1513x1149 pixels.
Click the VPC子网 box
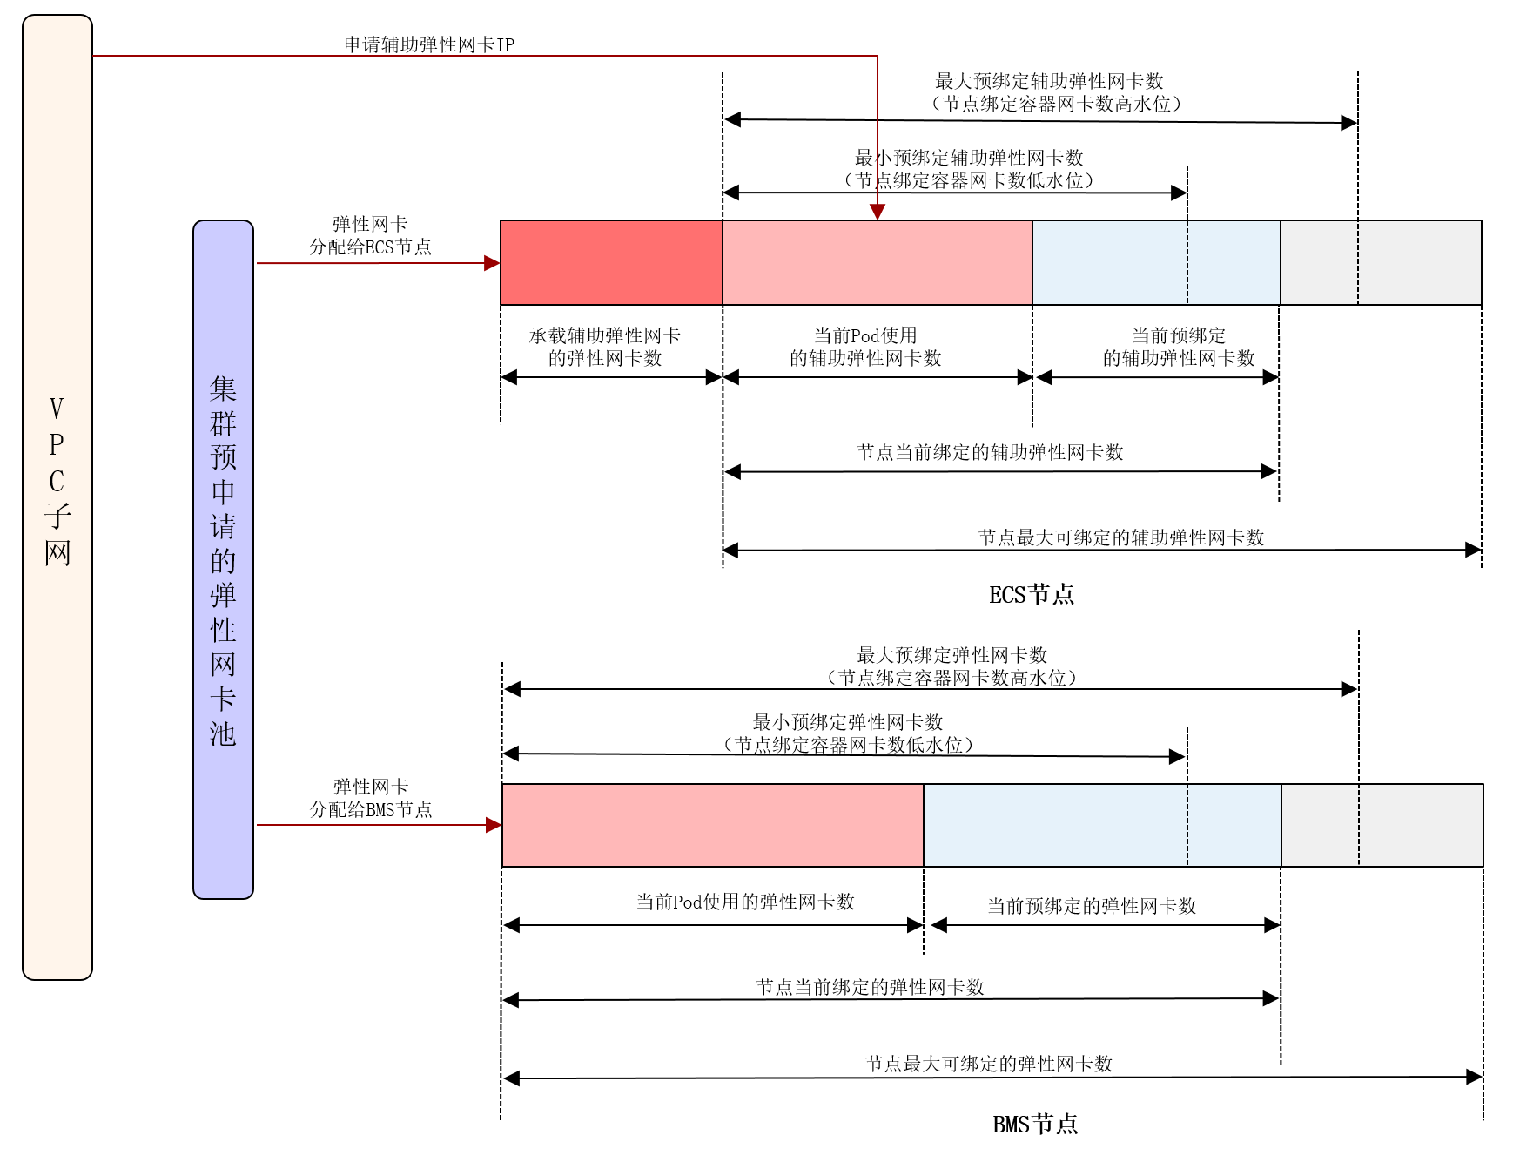[57, 497]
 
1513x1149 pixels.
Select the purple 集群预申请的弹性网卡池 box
[223, 559]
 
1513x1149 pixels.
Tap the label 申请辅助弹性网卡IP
[429, 44]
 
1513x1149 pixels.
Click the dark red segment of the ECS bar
[611, 262]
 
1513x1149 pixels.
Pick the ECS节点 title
[1032, 595]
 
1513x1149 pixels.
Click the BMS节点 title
[1035, 1125]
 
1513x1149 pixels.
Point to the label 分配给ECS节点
[370, 247]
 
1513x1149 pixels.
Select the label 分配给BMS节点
[371, 809]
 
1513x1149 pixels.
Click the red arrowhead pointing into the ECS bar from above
[878, 212]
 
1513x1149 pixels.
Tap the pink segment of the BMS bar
[712, 825]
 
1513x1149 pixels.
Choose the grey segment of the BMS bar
[1382, 825]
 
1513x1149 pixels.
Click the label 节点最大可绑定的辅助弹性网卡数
[1121, 537]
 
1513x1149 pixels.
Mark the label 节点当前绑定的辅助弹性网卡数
[990, 452]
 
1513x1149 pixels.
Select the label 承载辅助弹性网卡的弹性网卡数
[605, 347]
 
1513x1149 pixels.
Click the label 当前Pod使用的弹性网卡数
[745, 902]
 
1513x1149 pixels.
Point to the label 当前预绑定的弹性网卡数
[1092, 906]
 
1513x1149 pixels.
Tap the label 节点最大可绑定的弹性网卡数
[989, 1064]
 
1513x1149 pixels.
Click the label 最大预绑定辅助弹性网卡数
[1049, 81]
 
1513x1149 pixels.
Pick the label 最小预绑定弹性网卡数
[848, 722]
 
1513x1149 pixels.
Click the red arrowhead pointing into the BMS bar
[494, 825]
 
